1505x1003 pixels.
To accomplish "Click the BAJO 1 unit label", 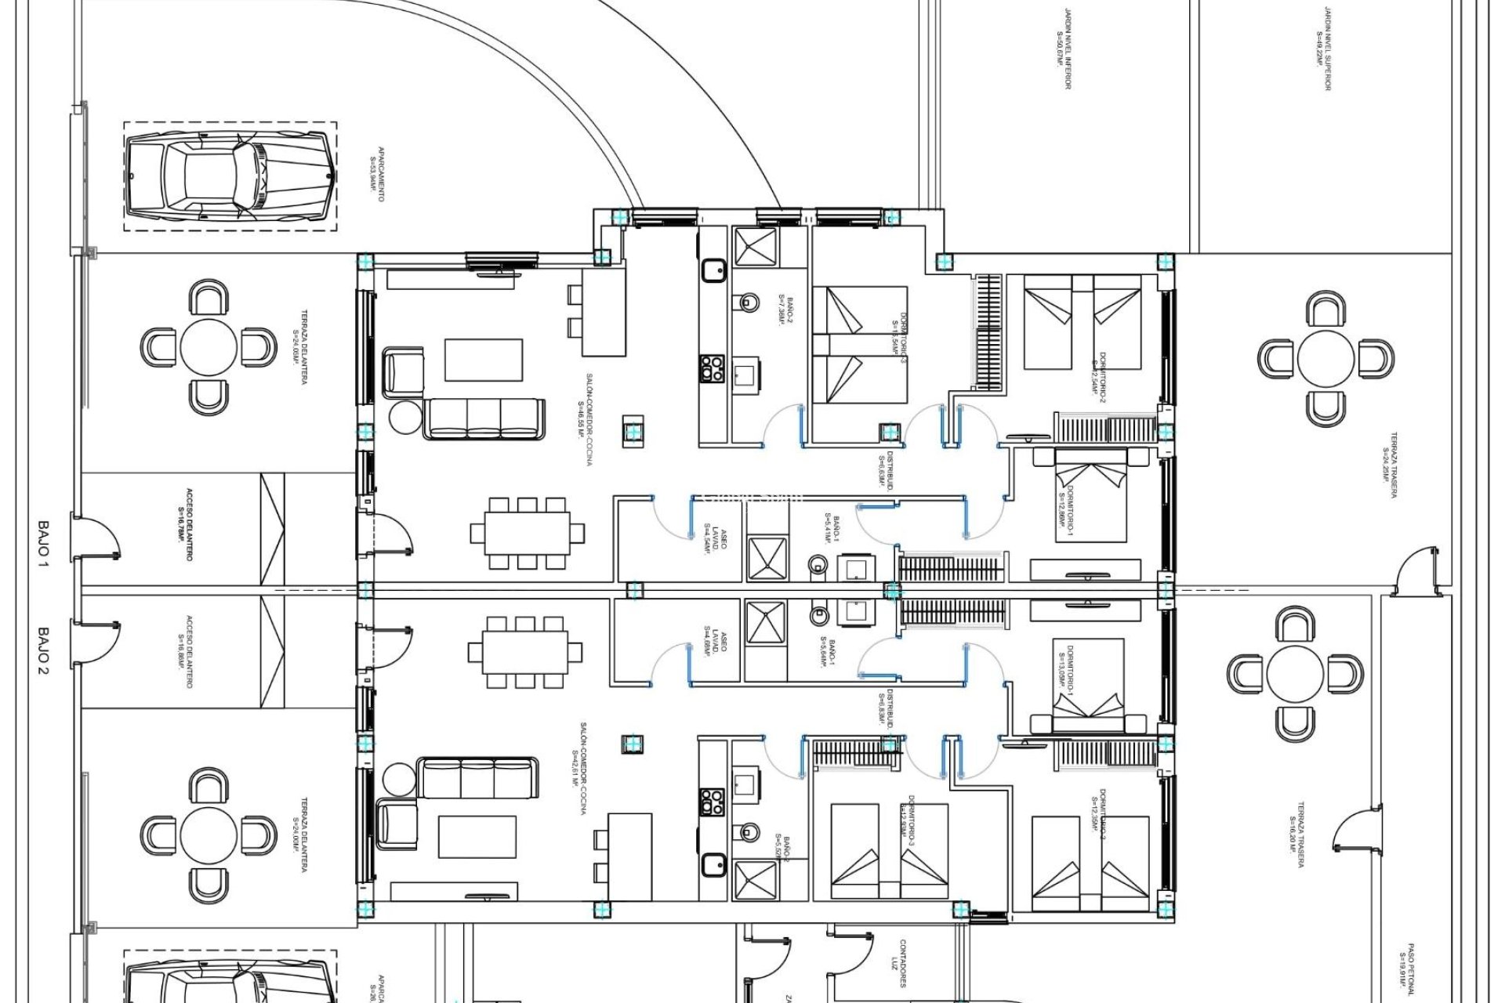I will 43,542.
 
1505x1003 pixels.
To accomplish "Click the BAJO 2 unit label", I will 43,650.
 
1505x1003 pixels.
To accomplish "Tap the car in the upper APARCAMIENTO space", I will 230,176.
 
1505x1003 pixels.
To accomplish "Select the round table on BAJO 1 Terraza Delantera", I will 209,346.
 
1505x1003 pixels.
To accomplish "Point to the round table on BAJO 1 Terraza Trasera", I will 1325,359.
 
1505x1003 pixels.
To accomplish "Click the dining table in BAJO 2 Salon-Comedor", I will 526,652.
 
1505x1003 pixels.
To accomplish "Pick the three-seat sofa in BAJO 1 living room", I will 484,419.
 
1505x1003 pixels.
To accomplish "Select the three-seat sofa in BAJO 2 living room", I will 477,777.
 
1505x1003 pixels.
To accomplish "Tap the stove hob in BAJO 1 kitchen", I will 712,368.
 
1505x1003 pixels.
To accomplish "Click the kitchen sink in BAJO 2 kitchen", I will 714,865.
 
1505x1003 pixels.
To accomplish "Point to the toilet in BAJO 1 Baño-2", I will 749,302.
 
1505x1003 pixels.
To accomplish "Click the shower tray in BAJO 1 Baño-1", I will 766,558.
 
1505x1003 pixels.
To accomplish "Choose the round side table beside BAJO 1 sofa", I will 407,418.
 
